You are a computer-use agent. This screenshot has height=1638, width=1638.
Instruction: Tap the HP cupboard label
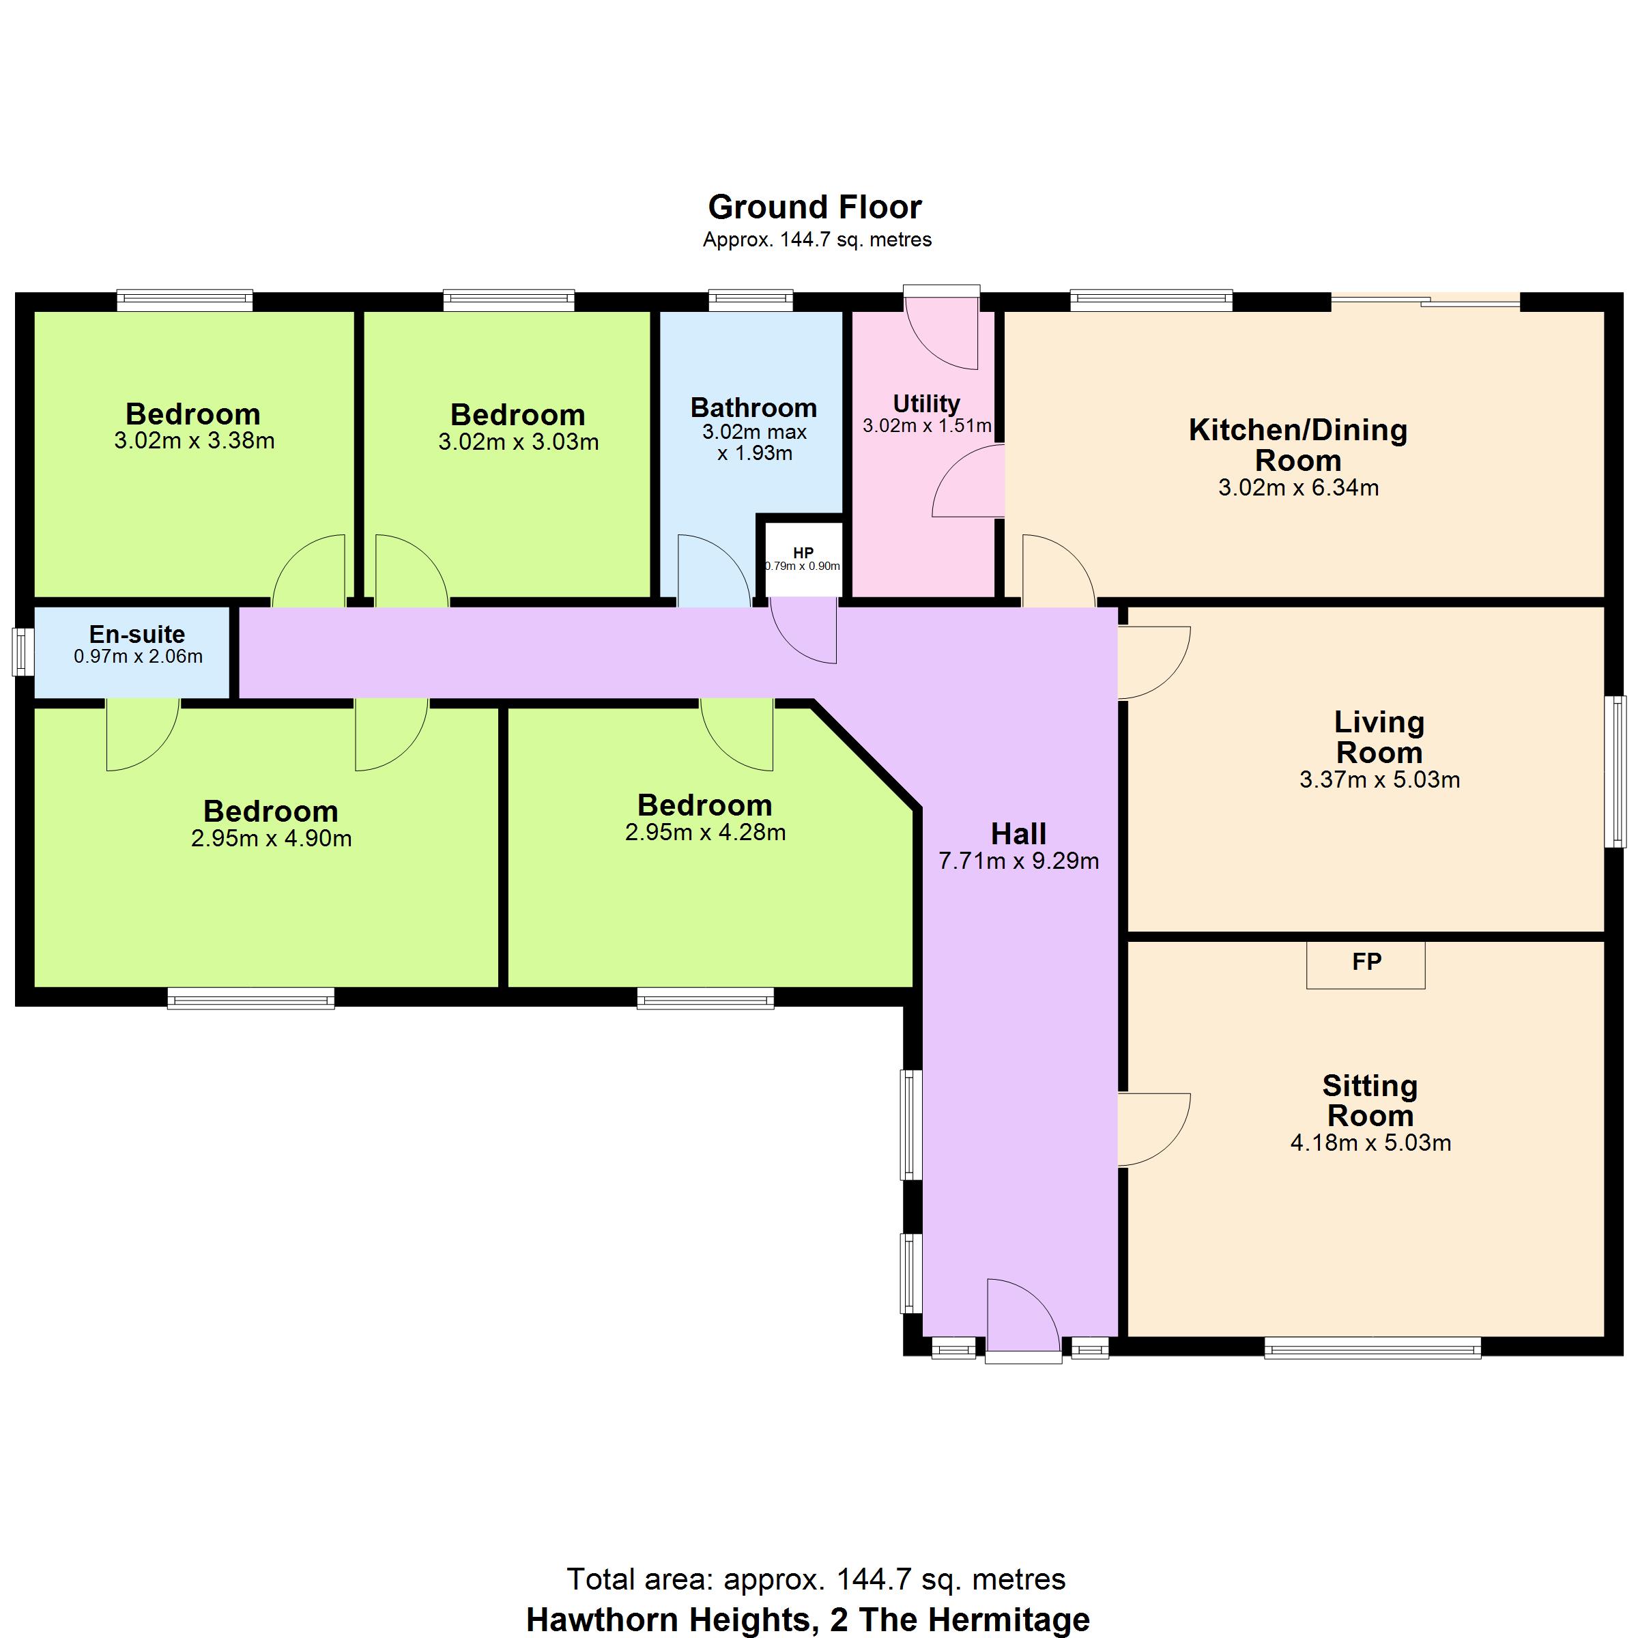pyautogui.click(x=803, y=553)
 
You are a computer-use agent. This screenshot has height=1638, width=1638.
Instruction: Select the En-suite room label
pyautogui.click(x=136, y=634)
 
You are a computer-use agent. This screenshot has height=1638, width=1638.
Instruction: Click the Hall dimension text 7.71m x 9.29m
pyautogui.click(x=1018, y=861)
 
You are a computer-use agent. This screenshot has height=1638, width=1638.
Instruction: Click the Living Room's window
pyautogui.click(x=1618, y=771)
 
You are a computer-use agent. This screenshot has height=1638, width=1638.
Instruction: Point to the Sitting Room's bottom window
pyautogui.click(x=1372, y=1347)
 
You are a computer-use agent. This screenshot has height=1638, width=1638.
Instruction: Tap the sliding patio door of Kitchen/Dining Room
pyautogui.click(x=1426, y=300)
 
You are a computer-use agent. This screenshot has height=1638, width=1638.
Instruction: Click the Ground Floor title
pyautogui.click(x=815, y=207)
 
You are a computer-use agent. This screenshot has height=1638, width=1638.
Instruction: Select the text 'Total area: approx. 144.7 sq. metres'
pyautogui.click(x=816, y=1579)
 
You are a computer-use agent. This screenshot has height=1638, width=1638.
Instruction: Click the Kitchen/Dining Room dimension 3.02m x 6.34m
pyautogui.click(x=1298, y=489)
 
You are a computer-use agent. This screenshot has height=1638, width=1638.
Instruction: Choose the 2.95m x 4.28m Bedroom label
pyautogui.click(x=704, y=805)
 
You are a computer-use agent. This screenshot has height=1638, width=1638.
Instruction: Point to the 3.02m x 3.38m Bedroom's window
pyautogui.click(x=185, y=300)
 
